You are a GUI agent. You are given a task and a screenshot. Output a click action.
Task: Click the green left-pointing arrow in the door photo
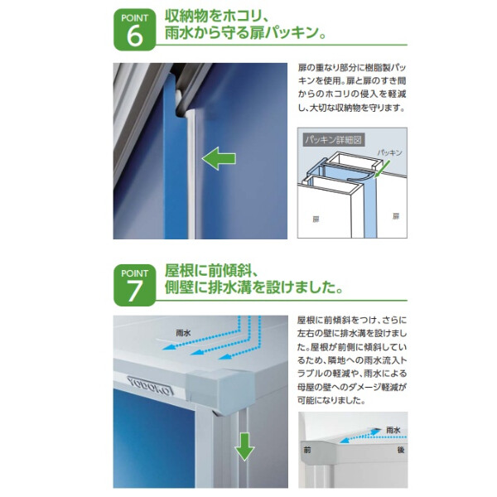click(x=220, y=157)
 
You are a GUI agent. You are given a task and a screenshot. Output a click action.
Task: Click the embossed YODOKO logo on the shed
click(x=150, y=384)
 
